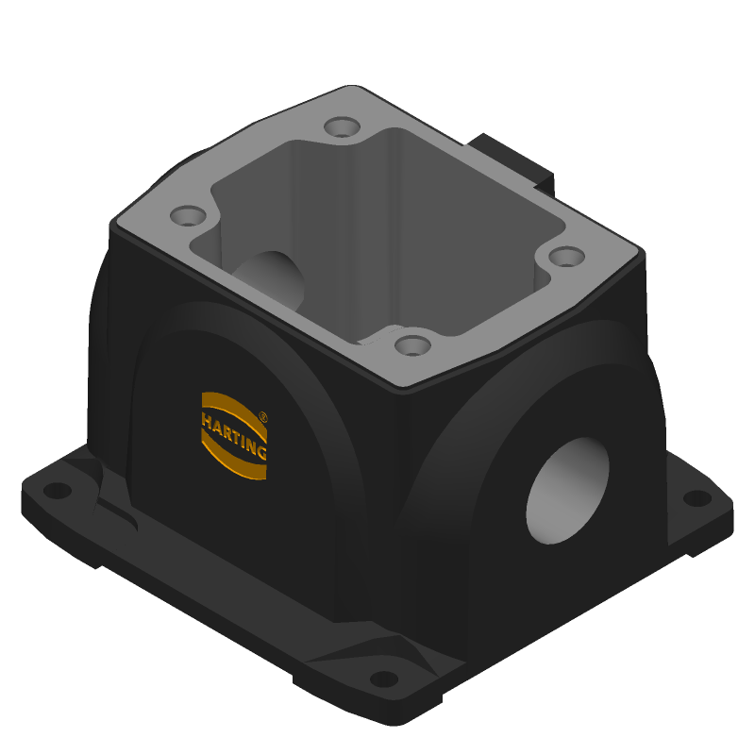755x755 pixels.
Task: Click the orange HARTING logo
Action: [x=233, y=436]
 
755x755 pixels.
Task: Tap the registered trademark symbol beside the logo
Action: [x=263, y=417]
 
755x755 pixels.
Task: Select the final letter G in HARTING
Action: [x=261, y=452]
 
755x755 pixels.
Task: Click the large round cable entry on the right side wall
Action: [x=568, y=491]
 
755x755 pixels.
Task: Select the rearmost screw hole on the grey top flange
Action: [x=342, y=127]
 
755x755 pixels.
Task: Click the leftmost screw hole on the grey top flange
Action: [x=188, y=216]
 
